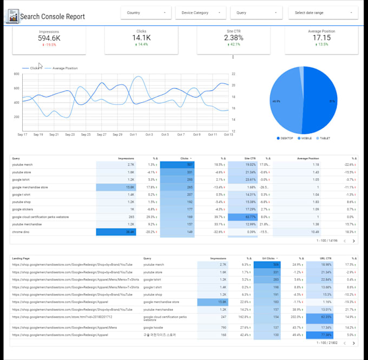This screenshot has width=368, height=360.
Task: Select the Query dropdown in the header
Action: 257,12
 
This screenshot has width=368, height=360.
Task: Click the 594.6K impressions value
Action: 49,38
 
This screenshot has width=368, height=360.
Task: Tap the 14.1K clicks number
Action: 141,38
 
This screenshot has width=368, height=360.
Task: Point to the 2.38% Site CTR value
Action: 233,38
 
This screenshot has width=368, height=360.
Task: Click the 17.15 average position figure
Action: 321,38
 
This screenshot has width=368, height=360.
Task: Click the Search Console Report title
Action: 52,17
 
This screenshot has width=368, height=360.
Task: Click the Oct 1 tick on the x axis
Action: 133,134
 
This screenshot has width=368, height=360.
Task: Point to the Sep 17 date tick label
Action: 22,134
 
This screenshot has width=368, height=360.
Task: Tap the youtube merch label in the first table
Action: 22,164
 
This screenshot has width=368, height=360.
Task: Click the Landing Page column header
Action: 21,258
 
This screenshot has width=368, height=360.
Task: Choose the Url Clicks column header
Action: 270,258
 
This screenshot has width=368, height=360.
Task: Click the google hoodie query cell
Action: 154,327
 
